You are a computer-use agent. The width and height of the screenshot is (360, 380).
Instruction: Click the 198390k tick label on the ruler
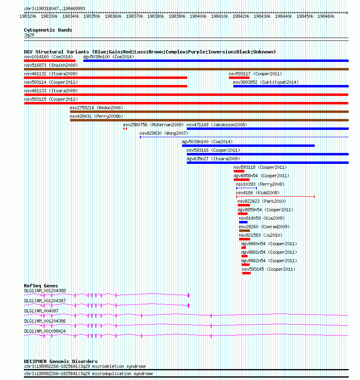point(177,16)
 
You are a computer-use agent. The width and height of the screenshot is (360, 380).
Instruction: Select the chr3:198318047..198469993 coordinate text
point(55,9)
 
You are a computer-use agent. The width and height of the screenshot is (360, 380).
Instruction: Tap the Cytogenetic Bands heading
point(48,30)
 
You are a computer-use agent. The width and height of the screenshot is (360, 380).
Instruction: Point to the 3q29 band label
point(29,35)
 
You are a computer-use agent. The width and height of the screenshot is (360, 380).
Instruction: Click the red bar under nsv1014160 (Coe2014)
point(50,61)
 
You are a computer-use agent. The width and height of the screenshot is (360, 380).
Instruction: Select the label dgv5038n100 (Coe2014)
point(108,57)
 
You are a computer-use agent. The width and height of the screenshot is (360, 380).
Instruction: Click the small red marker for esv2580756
point(125,129)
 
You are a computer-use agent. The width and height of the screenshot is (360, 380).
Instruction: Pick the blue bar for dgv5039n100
point(248,146)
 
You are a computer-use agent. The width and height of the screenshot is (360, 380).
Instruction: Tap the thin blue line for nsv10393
point(246,188)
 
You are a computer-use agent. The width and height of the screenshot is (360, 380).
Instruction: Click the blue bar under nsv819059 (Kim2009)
point(243,222)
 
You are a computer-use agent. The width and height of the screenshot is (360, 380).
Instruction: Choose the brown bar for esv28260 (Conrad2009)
point(244,231)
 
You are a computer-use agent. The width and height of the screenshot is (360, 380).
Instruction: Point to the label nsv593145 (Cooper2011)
point(269,269)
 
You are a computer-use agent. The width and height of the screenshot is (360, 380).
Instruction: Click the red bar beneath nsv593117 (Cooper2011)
point(239,78)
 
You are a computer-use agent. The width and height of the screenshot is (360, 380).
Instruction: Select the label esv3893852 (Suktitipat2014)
point(266,83)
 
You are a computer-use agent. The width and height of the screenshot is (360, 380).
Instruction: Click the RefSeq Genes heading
point(41,286)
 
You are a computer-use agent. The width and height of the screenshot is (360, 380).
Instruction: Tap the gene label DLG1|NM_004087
point(41,311)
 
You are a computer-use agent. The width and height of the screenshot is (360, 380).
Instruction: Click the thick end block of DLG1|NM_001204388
point(188,295)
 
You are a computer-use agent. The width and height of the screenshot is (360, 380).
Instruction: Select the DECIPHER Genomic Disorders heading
point(61,361)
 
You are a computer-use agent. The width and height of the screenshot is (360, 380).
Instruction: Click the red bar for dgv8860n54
point(244,248)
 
